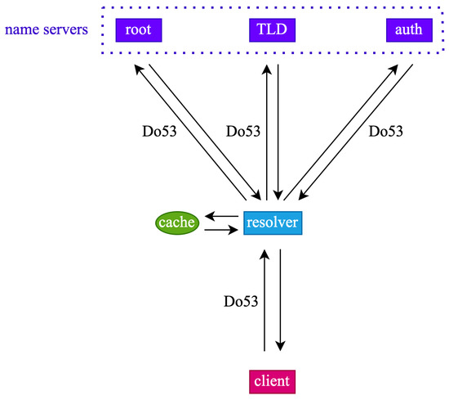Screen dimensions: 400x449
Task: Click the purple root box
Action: [x=139, y=30]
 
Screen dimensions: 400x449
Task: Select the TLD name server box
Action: [x=271, y=30]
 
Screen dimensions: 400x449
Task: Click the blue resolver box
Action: [x=273, y=222]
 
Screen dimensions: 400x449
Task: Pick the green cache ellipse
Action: [x=177, y=222]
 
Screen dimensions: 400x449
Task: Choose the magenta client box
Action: [x=271, y=381]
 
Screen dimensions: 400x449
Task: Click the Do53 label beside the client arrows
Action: [x=241, y=301]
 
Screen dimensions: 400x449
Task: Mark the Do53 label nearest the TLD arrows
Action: [x=242, y=131]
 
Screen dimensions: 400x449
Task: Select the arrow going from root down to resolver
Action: [x=205, y=131]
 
